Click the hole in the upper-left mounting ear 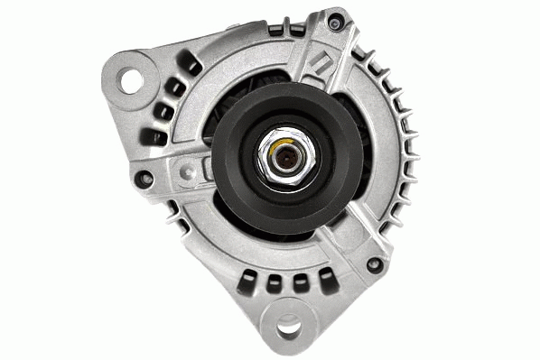coord(133,79)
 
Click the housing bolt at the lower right coord(373,264)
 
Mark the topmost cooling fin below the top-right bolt coord(363,50)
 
